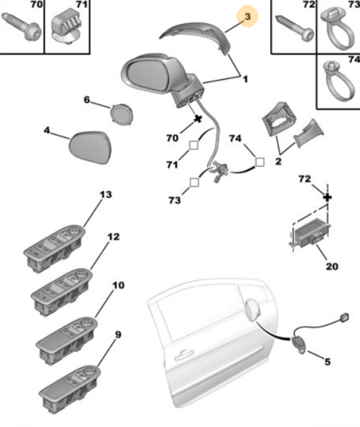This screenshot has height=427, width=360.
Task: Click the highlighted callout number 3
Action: pyautogui.click(x=247, y=16)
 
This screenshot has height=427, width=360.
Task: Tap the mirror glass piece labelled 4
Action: pyautogui.click(x=90, y=148)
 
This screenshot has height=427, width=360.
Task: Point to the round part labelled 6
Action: pyautogui.click(x=122, y=114)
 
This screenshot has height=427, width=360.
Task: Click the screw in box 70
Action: pyautogui.click(x=22, y=26)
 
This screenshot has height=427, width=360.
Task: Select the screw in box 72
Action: pyautogui.click(x=295, y=28)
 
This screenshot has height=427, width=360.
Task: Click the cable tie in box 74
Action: pyautogui.click(x=338, y=81)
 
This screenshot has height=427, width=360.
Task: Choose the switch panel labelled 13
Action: pyautogui.click(x=54, y=248)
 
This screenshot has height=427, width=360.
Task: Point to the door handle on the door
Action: pyautogui.click(x=184, y=355)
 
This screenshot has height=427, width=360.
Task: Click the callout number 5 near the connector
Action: pyautogui.click(x=327, y=362)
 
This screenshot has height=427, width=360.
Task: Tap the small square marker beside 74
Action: pyautogui.click(x=260, y=162)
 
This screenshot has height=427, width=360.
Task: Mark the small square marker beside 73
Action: pyautogui.click(x=194, y=182)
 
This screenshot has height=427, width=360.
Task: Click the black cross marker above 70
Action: pyautogui.click(x=198, y=119)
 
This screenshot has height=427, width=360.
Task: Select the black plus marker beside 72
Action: pyautogui.click(x=327, y=197)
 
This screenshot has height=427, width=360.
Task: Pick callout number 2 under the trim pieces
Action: pyautogui.click(x=278, y=161)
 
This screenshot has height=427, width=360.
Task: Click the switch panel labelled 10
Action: pyautogui.click(x=67, y=340)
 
